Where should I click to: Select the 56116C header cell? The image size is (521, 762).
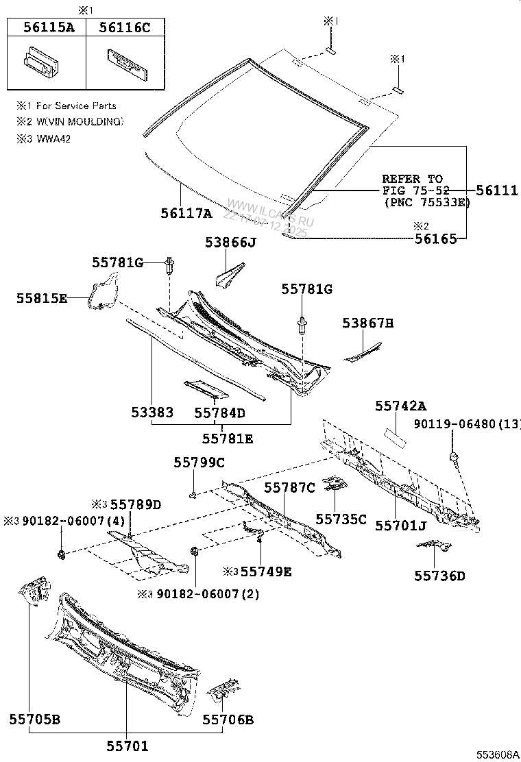point(125,27)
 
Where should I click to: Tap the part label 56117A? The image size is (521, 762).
point(186,213)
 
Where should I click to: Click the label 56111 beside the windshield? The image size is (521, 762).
point(496,190)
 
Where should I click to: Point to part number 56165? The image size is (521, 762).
point(435,238)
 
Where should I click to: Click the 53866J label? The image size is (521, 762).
point(230,242)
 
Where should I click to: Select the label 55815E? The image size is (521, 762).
point(43,298)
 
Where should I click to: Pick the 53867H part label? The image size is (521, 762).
point(368,323)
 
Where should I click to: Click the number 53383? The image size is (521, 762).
point(152,413)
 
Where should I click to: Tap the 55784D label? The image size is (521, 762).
point(219,413)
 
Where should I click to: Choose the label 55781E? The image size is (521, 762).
point(228,438)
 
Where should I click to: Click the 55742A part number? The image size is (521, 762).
point(400,406)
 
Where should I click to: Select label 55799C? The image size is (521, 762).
point(199,463)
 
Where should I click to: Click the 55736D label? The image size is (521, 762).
point(439,576)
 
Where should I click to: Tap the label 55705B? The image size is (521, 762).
point(35,719)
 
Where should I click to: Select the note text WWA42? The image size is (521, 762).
point(53,138)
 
